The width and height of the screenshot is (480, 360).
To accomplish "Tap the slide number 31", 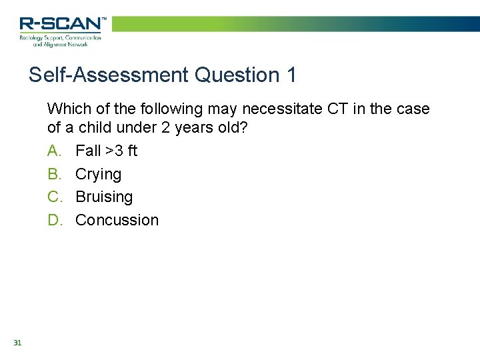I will coord(17,343).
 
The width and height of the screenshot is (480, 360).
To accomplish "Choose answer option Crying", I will coord(98,175).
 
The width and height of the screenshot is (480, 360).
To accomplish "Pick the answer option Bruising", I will coord(104,197).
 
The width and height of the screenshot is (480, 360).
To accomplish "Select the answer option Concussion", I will coord(117,220).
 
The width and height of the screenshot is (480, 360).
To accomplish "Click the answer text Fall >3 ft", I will coord(106,151).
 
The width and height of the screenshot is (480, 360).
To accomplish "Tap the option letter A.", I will coord(54,151).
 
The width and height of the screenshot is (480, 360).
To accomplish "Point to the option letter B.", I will coord(54,175).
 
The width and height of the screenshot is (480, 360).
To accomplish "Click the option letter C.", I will coord(54,197).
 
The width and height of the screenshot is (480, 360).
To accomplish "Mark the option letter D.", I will coord(54,220).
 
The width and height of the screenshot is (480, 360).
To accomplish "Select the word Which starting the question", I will coord(67,108).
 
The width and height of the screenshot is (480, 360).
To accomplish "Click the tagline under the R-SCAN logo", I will coord(60,41).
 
